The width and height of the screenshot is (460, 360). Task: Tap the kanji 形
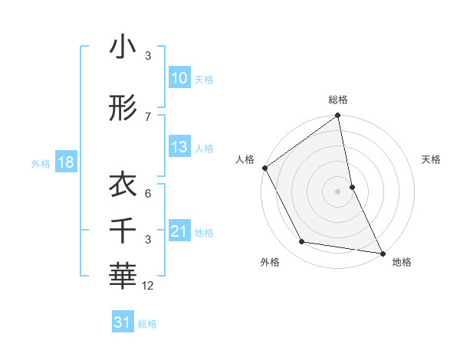click(x=123, y=109)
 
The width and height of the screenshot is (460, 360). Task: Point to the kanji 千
click(x=123, y=227)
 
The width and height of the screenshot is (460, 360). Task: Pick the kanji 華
click(x=123, y=272)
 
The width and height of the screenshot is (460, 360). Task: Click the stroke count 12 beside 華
click(x=148, y=286)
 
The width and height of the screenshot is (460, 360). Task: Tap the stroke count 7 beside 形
click(x=148, y=116)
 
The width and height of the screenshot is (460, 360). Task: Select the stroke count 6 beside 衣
click(x=148, y=195)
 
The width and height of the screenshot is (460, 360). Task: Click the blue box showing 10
click(x=179, y=78)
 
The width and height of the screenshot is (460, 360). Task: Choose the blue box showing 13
click(x=179, y=147)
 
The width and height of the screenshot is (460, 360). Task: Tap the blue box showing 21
click(x=179, y=231)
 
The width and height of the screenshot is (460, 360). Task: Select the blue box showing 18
click(x=65, y=162)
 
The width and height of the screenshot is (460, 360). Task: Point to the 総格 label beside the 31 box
click(x=147, y=324)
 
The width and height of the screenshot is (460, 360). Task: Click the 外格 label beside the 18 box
click(x=40, y=163)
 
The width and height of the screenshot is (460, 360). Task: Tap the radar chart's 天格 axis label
click(x=431, y=159)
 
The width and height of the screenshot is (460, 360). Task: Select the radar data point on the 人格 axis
click(x=264, y=168)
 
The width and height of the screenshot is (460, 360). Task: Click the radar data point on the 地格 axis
click(x=382, y=252)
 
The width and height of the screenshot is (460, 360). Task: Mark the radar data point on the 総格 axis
click(x=338, y=116)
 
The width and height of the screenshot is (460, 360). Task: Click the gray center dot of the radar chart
click(x=338, y=191)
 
